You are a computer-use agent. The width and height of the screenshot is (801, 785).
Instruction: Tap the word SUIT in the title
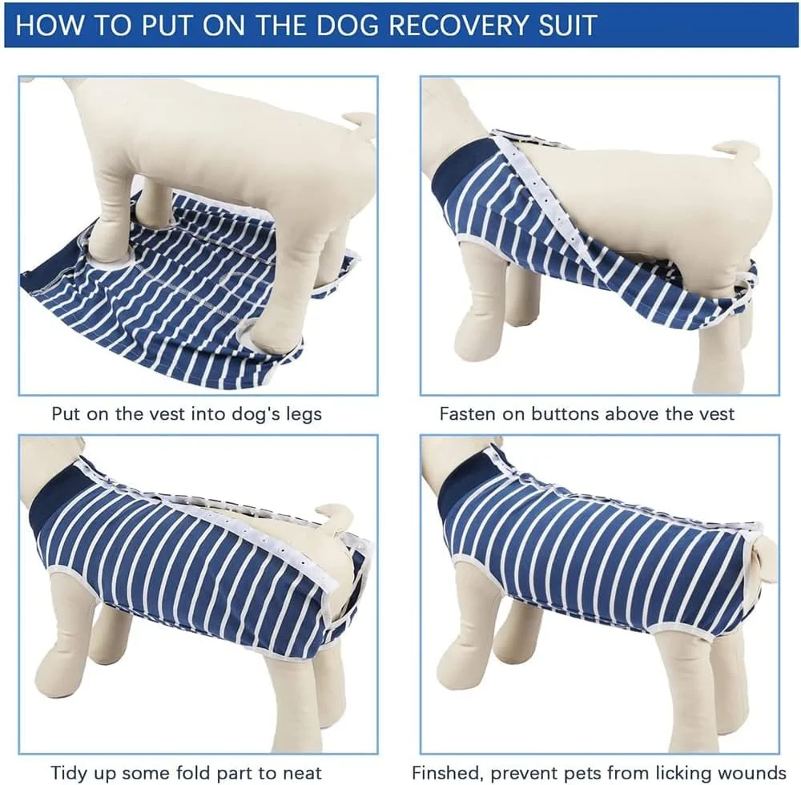click(x=567, y=25)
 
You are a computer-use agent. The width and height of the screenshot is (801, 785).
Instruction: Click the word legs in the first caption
click(x=302, y=413)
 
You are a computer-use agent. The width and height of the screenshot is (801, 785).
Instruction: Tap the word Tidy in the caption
click(x=70, y=773)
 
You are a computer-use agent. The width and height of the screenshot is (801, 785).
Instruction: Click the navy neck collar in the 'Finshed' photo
click(x=462, y=483)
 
